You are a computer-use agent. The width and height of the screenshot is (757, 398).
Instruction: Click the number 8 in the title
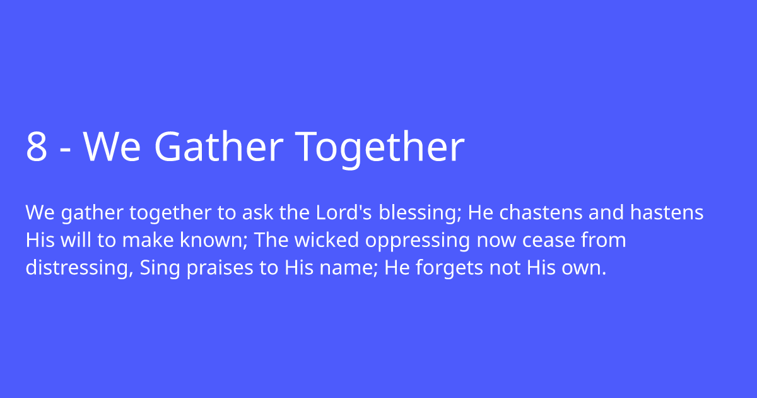37,147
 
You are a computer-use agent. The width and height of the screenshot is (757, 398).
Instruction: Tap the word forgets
449,268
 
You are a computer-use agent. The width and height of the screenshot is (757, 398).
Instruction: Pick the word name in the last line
341,268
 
